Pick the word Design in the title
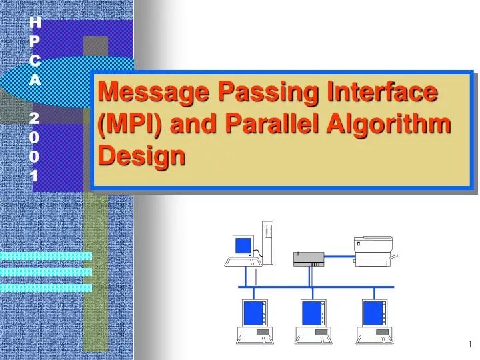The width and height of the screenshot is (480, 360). click(x=141, y=156)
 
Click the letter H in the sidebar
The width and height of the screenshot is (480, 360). click(x=37, y=23)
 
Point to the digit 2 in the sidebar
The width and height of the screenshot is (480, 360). click(x=35, y=118)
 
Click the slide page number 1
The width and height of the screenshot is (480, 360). click(x=470, y=344)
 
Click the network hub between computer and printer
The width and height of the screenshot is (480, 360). click(x=309, y=259)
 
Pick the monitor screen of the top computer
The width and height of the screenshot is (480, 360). click(x=243, y=246)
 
